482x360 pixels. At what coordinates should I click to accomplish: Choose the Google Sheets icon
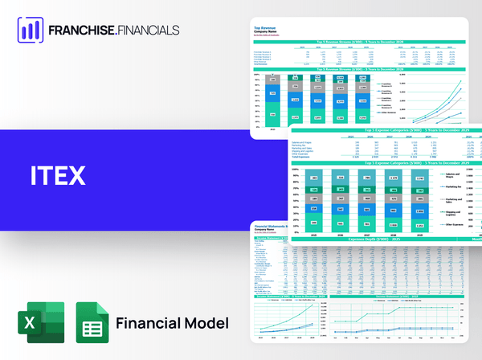point(92,323)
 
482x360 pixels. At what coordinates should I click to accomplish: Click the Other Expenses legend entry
point(455,226)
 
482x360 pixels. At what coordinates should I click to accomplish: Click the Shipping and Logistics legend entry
point(455,213)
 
